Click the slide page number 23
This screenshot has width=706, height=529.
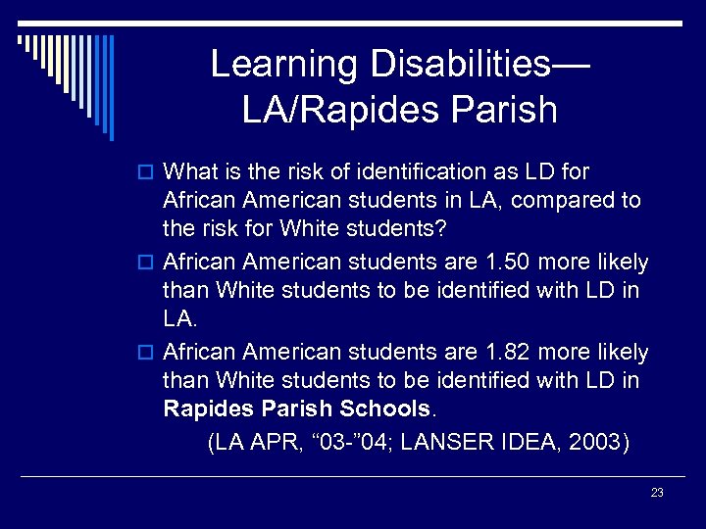pyautogui.click(x=657, y=493)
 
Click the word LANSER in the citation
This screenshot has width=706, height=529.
pyautogui.click(x=452, y=442)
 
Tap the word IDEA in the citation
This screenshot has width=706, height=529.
pyautogui.click(x=531, y=442)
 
